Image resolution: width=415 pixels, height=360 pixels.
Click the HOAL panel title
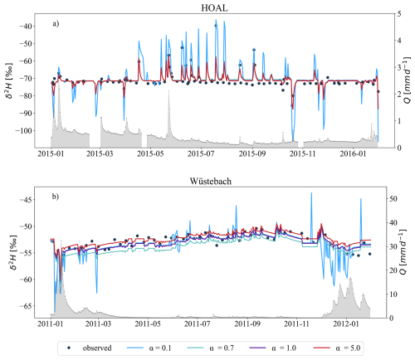coord(214,6)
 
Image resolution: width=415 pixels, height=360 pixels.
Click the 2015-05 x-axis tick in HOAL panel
coord(151,153)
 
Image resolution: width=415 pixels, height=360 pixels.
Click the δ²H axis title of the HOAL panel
coord(9,79)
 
